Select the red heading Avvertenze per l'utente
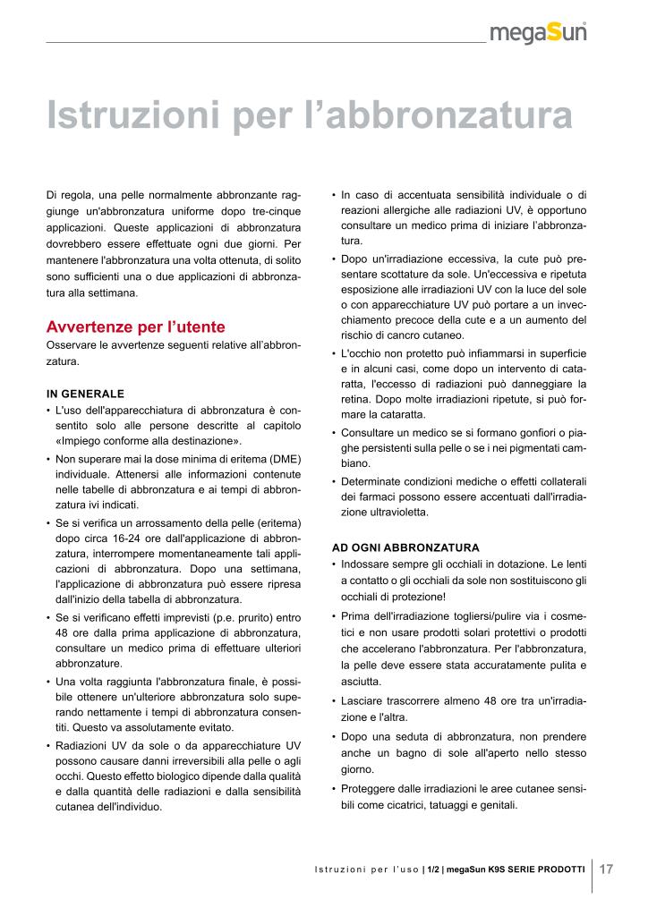[135, 327]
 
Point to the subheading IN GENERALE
[85, 393]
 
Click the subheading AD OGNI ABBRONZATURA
[405, 547]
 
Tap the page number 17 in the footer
[606, 869]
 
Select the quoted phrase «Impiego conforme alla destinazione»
[148, 442]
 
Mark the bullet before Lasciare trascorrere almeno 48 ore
[334, 701]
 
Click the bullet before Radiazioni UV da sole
[47, 745]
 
